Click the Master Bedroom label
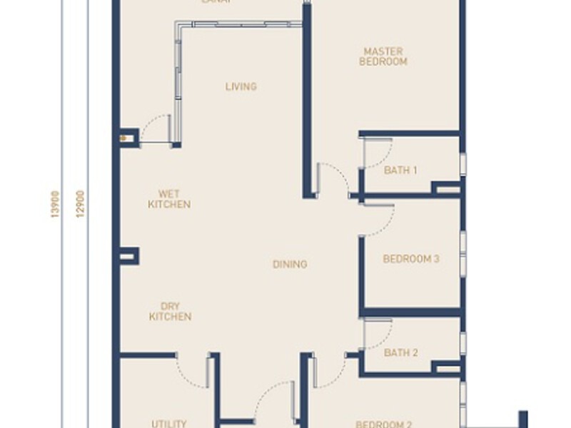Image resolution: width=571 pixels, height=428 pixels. point(383,56)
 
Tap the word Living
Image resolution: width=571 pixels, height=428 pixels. point(241,87)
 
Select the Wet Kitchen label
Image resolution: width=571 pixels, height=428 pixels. point(169,198)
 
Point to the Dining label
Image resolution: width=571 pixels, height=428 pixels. point(290,264)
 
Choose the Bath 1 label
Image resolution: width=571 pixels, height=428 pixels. point(400,170)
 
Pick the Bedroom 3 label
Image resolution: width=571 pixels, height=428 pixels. point(411,259)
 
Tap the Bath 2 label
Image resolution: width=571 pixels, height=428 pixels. point(400,352)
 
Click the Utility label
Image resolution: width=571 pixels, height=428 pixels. point(169,423)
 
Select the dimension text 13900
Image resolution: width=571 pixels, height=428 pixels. point(55,203)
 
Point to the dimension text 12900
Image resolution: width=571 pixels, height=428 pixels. point(80,203)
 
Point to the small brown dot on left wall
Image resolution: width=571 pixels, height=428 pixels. point(123,138)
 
